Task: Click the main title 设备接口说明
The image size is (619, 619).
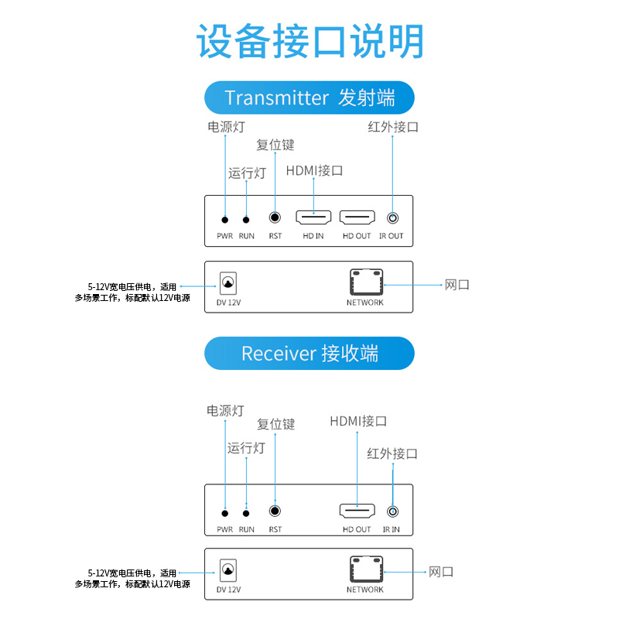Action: [x=309, y=42]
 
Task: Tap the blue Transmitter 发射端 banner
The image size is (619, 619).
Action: [x=309, y=98]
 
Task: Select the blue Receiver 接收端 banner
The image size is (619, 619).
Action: [x=309, y=354]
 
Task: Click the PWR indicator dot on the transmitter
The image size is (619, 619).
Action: [x=225, y=221]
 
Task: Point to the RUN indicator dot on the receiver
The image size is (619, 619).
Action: [x=247, y=512]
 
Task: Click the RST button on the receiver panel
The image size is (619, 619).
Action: [x=275, y=511]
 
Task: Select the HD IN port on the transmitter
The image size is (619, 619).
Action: [x=313, y=219]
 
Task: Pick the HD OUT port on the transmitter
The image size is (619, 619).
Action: [x=357, y=219]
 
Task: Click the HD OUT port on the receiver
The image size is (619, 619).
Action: [x=357, y=511]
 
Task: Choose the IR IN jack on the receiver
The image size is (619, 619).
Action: [x=392, y=511]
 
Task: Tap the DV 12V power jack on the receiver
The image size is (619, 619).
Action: [x=228, y=571]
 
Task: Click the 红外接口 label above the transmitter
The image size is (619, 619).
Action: [x=393, y=127]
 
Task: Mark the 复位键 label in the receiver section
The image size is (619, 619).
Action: [x=276, y=424]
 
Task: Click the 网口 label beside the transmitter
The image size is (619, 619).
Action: [x=457, y=285]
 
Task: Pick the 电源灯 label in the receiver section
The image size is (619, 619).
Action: [x=225, y=411]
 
